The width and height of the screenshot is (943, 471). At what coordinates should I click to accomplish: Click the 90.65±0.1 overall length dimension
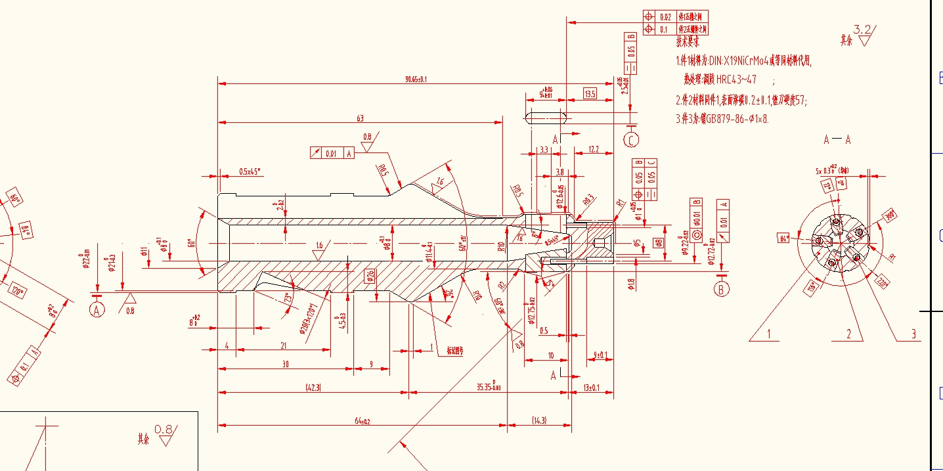coord(416,79)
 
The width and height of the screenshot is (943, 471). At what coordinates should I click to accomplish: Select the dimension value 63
coord(360,118)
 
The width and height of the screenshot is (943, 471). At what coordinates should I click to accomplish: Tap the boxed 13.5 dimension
coord(590,95)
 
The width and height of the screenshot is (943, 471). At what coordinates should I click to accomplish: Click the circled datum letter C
coord(631,140)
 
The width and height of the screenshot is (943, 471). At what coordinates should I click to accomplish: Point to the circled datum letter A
coord(97,310)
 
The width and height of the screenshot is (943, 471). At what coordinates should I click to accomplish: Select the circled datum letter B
coord(722,288)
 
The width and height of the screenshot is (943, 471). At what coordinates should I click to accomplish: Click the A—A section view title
coord(837,139)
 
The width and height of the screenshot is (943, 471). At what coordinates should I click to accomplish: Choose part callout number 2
coord(848,334)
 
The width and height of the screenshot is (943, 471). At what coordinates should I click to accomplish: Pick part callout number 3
coord(913,334)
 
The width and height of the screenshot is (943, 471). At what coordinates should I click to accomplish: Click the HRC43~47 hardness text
coord(735,80)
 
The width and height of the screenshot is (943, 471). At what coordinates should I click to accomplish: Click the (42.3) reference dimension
coord(313,388)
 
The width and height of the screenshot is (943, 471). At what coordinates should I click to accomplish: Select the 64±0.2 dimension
coord(361,421)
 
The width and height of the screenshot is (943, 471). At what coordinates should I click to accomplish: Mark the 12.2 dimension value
coord(592,150)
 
